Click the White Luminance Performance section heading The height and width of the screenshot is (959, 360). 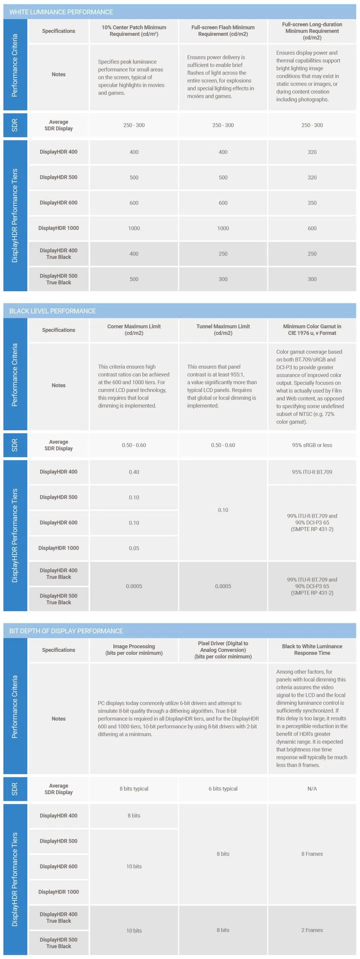[x=61, y=12]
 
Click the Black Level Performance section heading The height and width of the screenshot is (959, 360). [x=52, y=311]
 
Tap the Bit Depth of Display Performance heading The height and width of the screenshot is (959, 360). [x=66, y=631]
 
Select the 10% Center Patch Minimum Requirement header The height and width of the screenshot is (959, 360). [x=134, y=31]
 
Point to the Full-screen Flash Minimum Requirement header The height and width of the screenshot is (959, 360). [x=223, y=31]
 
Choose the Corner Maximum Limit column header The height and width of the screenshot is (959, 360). [x=134, y=329]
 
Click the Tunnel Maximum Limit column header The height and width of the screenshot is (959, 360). [x=223, y=329]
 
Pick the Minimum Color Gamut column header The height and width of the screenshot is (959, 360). [x=312, y=329]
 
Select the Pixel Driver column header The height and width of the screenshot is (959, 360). [x=223, y=650]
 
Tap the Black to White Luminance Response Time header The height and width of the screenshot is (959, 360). [x=312, y=649]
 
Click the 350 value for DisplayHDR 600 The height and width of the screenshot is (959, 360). [x=312, y=203]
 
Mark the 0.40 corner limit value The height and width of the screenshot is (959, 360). [x=134, y=472]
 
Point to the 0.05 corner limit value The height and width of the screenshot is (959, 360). [x=134, y=548]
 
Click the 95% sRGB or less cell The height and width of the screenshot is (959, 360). [x=312, y=445]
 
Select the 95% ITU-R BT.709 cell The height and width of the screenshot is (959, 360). [x=312, y=472]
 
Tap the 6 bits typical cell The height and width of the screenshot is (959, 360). [x=223, y=789]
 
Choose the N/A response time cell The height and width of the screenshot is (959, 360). [x=312, y=789]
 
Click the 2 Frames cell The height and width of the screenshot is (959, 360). [x=312, y=930]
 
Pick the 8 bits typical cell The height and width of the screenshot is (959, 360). [x=134, y=789]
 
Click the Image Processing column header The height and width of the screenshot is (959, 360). [x=134, y=649]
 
